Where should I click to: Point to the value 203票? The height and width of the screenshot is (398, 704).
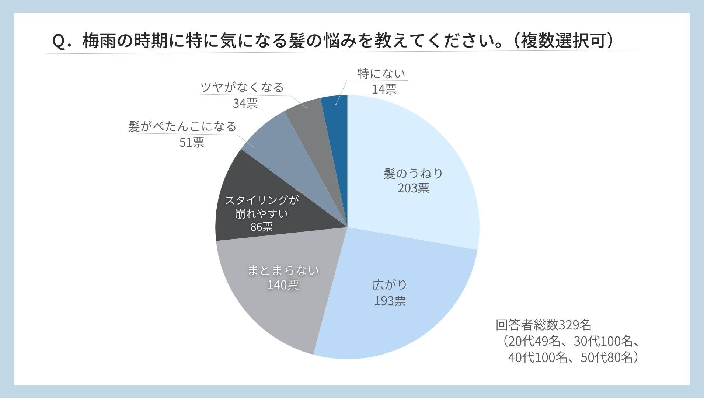pos(413,189)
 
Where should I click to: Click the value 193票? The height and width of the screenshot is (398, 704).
pos(390,301)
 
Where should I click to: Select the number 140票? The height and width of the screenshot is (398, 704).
pos(283,285)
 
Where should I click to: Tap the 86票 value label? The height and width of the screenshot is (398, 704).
pos(261,227)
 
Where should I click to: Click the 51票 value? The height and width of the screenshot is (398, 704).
pos(192,143)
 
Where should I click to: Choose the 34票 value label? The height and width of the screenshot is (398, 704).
pos(245,104)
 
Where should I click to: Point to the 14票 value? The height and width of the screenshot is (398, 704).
pos(384,90)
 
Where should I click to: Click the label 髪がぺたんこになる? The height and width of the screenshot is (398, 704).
pos(182,127)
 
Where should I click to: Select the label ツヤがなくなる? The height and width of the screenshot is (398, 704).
pos(242,88)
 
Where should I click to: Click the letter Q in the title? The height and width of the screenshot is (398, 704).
pos(59,41)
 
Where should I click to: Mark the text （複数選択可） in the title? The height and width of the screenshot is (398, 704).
pos(563,41)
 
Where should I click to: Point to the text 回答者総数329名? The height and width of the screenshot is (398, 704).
pos(543,325)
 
